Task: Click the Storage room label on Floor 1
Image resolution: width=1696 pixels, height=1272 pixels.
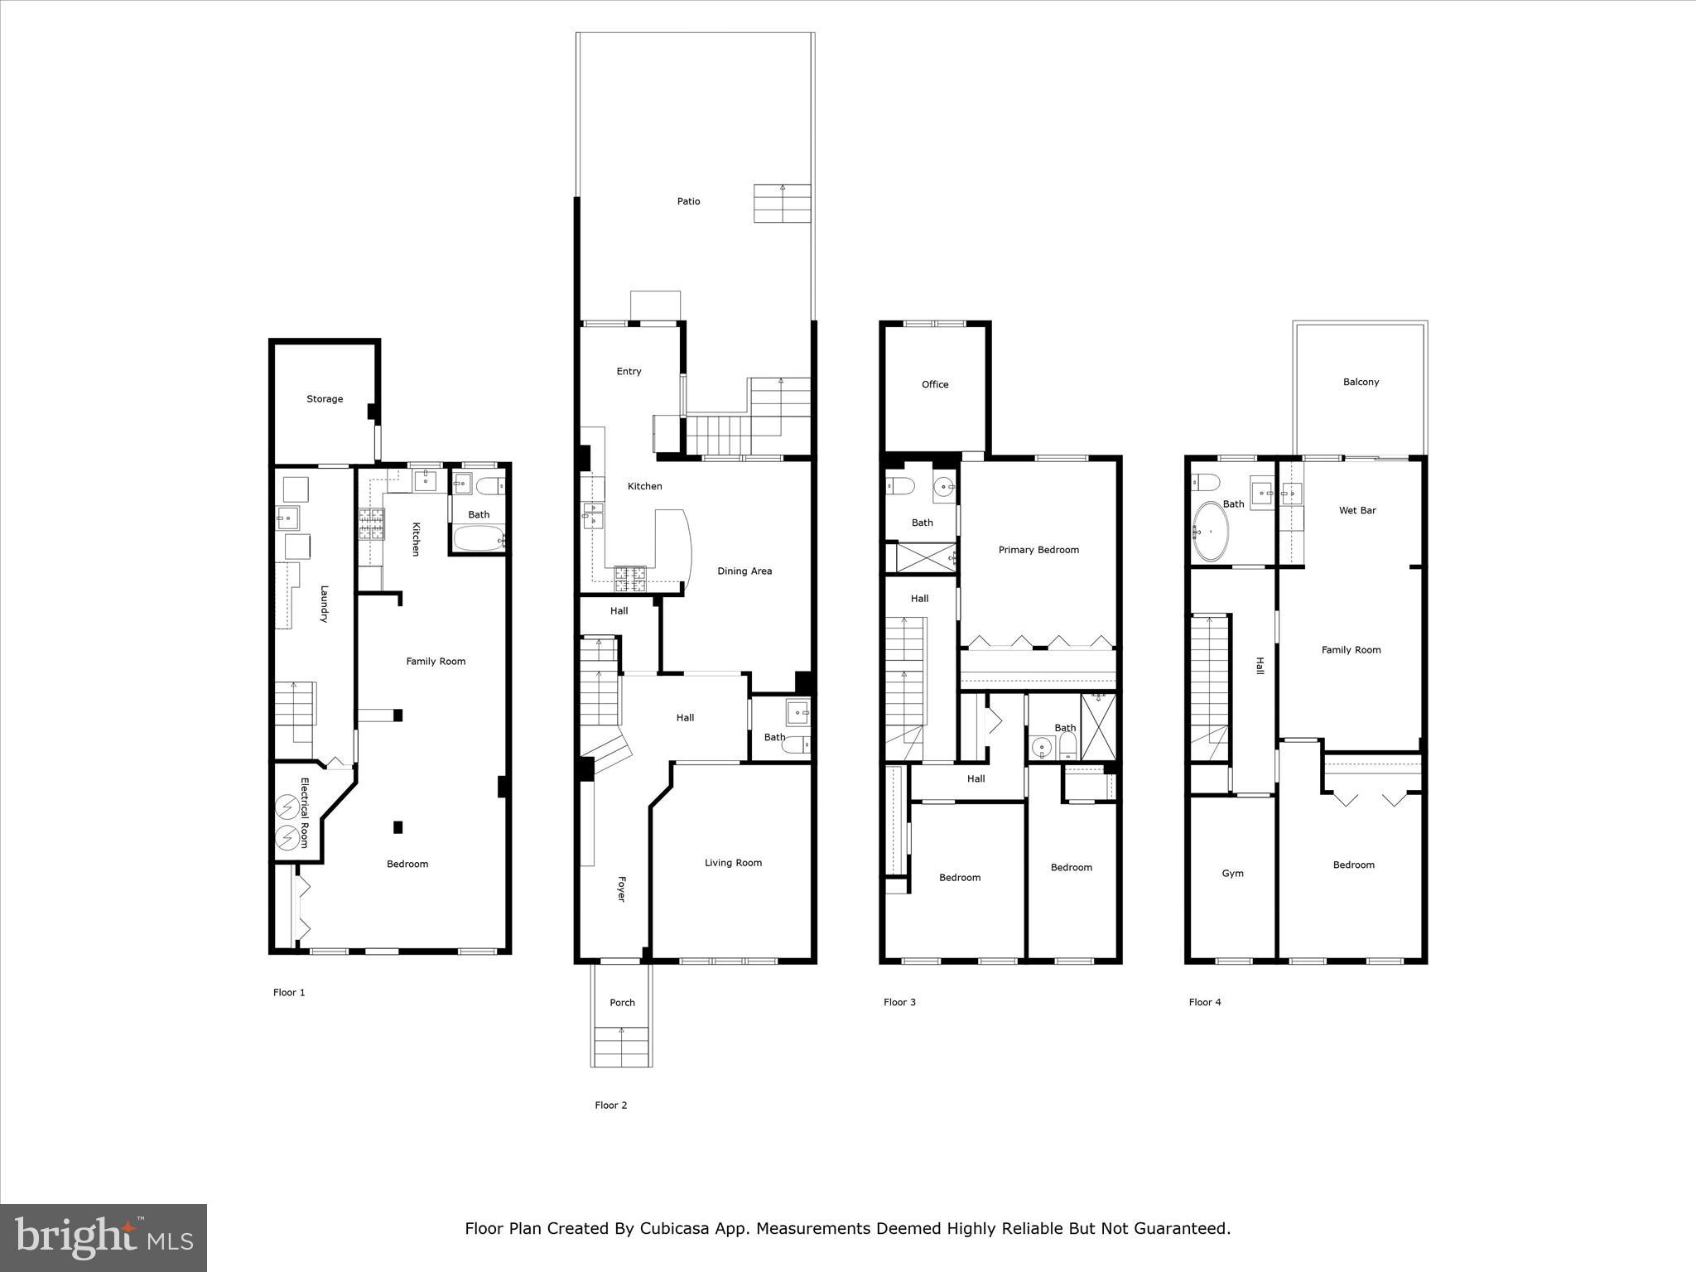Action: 325,399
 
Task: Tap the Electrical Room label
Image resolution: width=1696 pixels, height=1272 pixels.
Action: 304,812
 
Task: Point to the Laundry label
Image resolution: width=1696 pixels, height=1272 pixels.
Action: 324,604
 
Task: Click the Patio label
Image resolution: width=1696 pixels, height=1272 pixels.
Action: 688,201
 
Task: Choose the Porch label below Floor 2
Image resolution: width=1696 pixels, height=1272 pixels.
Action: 622,1003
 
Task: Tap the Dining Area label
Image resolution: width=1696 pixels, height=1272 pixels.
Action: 744,571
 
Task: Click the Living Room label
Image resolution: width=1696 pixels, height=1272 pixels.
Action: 733,863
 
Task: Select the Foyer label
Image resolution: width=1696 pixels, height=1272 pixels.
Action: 621,889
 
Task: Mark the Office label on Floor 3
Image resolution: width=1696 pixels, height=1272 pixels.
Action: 935,384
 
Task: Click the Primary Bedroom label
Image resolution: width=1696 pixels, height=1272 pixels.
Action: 1038,550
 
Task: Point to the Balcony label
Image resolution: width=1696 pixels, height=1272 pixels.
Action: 1361,382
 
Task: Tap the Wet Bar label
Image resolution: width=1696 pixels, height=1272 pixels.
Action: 1357,510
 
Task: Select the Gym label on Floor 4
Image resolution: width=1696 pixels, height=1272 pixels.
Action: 1232,874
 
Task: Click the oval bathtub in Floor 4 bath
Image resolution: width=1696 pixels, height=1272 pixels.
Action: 1211,531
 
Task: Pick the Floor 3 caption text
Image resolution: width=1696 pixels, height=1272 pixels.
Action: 899,1002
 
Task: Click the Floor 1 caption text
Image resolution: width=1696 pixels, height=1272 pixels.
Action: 289,992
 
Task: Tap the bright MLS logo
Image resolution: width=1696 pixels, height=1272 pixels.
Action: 104,1238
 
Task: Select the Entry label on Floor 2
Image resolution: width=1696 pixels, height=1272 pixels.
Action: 629,372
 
